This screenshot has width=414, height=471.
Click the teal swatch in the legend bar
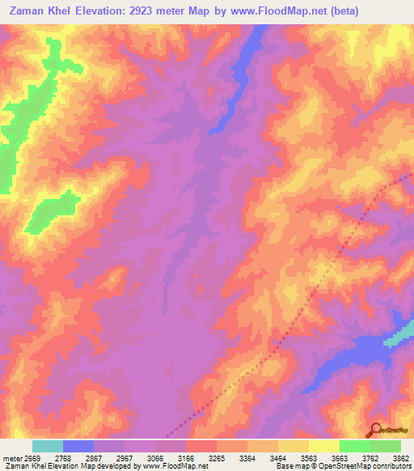pos(48,446)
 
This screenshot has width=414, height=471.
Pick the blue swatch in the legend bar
pos(78,446)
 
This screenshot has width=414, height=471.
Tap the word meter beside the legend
pos(12,459)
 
